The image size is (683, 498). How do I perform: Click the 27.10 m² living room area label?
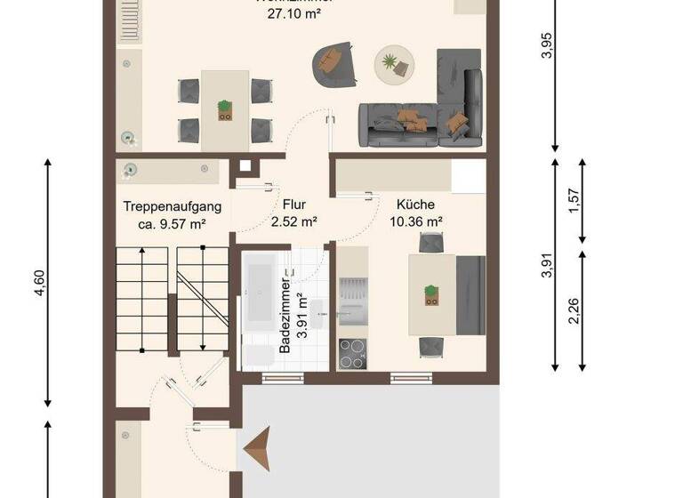tap(294, 15)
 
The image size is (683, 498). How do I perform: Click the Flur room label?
tap(293, 203)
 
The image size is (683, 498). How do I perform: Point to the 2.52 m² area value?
tap(294, 221)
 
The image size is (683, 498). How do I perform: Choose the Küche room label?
tap(416, 203)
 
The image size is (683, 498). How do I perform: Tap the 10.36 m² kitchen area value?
tap(416, 221)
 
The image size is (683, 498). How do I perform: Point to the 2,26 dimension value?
tap(575, 310)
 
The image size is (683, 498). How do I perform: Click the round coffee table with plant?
tap(392, 63)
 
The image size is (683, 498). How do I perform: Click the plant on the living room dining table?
tap(225, 109)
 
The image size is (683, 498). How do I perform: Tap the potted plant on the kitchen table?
tap(431, 293)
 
